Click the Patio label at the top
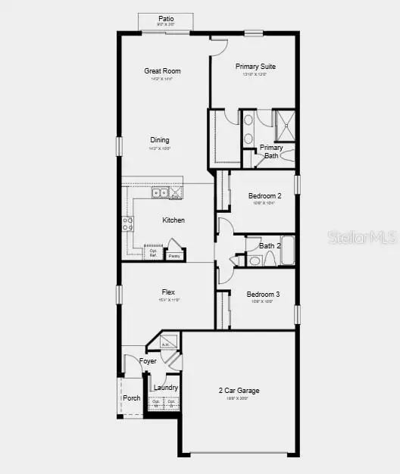(x=165, y=18)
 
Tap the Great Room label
(x=162, y=71)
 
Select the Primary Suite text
(x=255, y=67)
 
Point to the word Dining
(x=160, y=140)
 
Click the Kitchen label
(x=173, y=220)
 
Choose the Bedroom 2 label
(x=264, y=196)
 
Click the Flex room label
(x=168, y=292)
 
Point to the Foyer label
(x=148, y=361)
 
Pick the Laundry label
(x=166, y=388)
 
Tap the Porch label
(x=132, y=398)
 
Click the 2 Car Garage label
(x=239, y=391)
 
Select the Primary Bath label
(x=271, y=151)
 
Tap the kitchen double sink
(x=160, y=193)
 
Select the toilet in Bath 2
(x=255, y=260)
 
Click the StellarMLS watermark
(x=362, y=237)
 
